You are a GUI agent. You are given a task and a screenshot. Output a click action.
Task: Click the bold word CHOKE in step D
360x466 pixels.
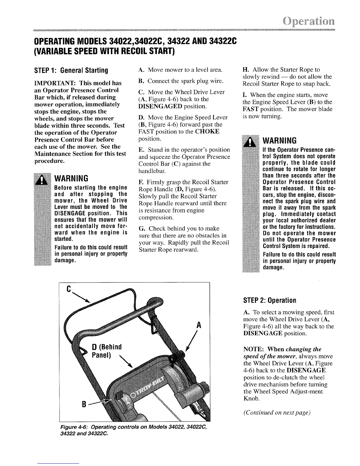coord(209,131)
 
